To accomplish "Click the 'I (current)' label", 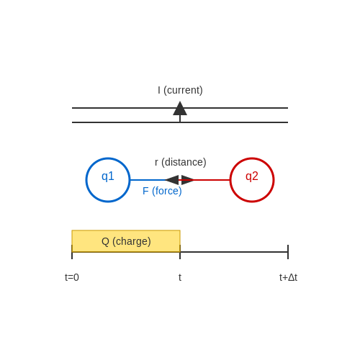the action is tap(180, 90).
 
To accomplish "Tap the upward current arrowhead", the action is tap(180, 109).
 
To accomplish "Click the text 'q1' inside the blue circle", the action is tap(108, 176).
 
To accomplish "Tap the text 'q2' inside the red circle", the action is tap(252, 176).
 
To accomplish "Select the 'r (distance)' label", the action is tap(181, 162).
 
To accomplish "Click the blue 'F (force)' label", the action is tap(162, 191).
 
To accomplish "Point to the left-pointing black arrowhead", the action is tap(172, 180).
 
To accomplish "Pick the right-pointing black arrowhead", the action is tap(188, 180).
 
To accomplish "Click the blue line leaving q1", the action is tap(148, 180).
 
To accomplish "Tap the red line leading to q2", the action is tap(212, 180).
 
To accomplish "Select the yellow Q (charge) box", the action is tap(126, 241).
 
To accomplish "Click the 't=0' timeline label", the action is tap(72, 277).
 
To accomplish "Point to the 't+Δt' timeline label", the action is tap(288, 277).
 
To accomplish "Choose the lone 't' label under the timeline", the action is tap(180, 277).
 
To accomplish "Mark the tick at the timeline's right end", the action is tap(288, 252).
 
